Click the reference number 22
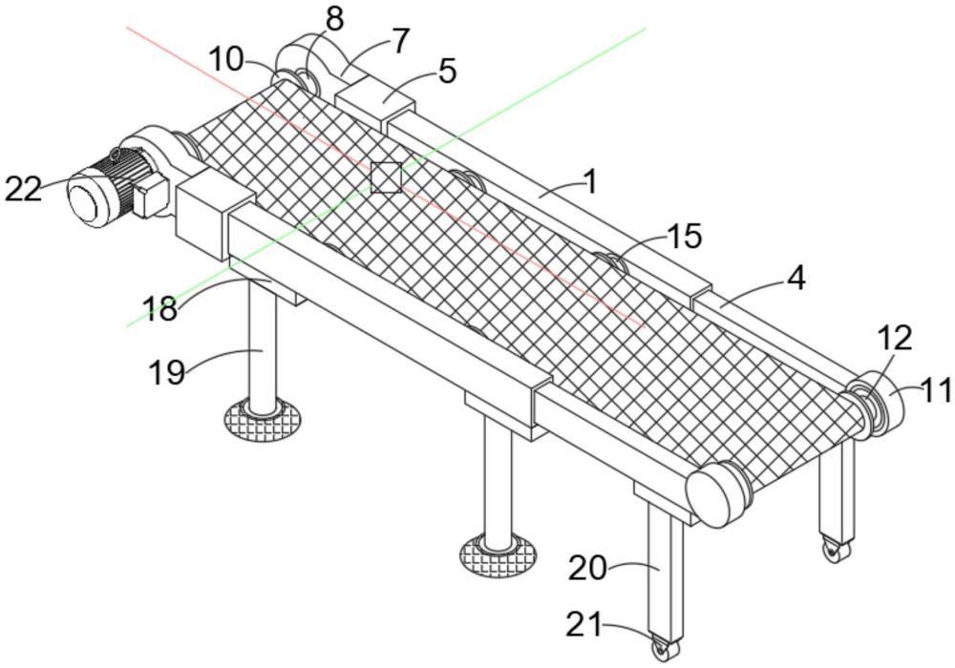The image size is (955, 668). [25, 188]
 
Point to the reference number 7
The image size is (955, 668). [398, 40]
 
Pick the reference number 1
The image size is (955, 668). [591, 180]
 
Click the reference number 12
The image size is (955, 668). [895, 338]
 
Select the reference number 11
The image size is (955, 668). [935, 389]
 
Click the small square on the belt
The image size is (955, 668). [386, 177]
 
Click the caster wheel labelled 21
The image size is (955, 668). [662, 649]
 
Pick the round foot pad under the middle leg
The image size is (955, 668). [499, 553]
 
